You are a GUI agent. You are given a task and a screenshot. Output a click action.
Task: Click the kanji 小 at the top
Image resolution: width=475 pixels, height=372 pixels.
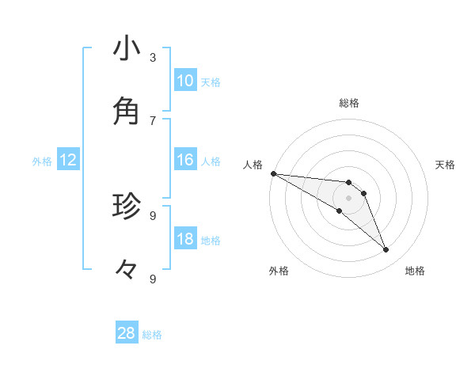click(127, 48)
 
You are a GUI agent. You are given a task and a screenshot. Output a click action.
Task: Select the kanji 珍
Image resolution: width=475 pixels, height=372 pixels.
click(127, 206)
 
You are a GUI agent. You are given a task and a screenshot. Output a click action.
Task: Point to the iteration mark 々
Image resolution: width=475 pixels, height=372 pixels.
click(127, 270)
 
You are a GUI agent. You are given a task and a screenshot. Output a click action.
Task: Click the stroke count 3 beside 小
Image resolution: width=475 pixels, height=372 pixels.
click(153, 57)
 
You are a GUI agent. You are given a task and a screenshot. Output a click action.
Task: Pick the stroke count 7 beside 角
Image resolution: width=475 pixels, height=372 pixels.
click(153, 120)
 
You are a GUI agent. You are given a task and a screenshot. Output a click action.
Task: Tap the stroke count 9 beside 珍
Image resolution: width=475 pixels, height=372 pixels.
click(153, 215)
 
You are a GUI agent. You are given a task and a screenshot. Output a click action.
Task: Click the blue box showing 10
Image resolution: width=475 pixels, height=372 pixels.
click(185, 81)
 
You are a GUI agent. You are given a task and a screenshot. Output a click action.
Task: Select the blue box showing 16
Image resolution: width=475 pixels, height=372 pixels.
click(185, 161)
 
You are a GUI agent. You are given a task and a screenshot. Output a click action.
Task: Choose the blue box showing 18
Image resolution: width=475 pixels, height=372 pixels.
click(185, 240)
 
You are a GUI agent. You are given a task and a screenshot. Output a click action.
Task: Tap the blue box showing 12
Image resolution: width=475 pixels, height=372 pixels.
click(67, 161)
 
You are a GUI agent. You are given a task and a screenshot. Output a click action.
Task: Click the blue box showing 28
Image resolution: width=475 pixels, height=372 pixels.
click(127, 333)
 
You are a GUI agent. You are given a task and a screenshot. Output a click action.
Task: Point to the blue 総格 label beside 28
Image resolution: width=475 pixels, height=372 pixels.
click(152, 335)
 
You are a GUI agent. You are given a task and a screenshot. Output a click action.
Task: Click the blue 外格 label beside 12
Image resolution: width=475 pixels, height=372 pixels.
click(42, 161)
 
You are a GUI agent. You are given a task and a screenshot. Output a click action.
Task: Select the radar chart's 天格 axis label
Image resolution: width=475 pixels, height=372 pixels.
click(446, 165)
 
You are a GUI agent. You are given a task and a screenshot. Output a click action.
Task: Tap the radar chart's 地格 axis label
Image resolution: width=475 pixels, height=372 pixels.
click(415, 271)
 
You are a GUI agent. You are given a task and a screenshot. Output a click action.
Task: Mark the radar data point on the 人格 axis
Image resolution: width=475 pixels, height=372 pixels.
click(273, 173)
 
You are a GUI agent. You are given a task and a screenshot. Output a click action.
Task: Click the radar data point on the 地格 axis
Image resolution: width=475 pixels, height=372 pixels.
click(386, 250)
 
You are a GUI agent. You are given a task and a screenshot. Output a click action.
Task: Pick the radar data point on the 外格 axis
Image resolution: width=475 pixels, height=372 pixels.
click(340, 211)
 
